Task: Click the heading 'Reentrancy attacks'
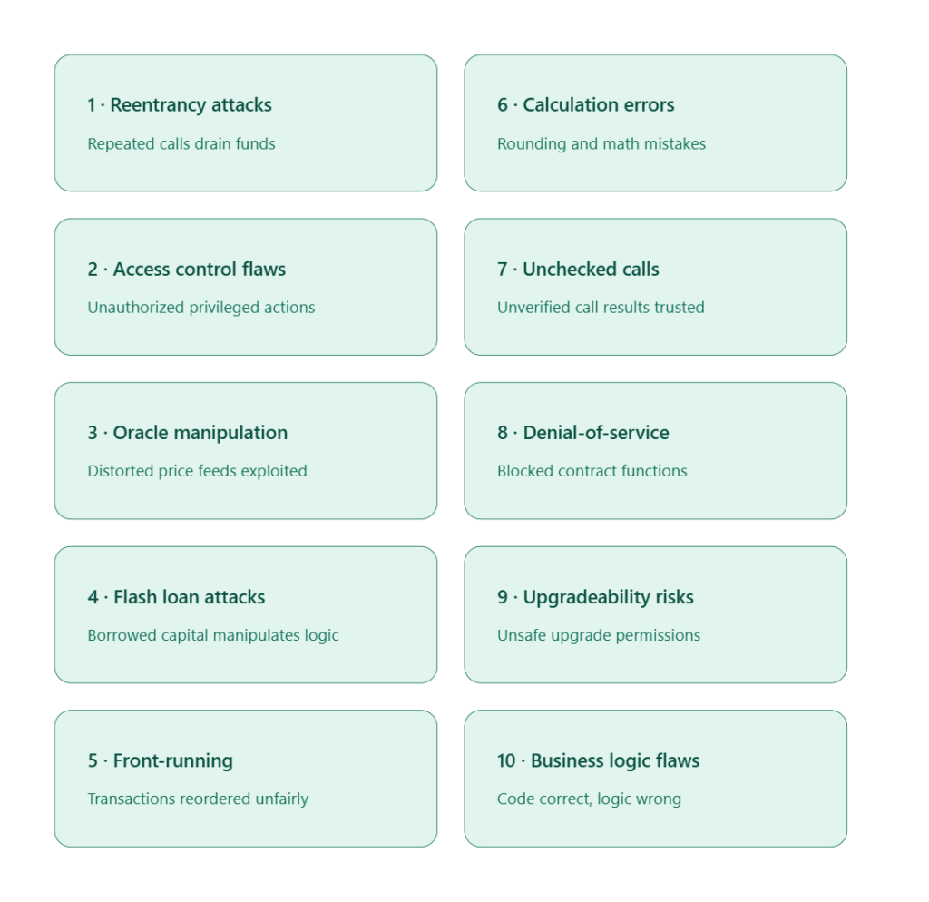pyautogui.click(x=191, y=105)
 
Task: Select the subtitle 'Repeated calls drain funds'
pyautogui.click(x=181, y=144)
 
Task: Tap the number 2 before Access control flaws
pyautogui.click(x=93, y=270)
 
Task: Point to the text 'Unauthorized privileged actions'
pyautogui.click(x=201, y=308)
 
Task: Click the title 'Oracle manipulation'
pyautogui.click(x=200, y=433)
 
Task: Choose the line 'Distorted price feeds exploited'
pyautogui.click(x=197, y=471)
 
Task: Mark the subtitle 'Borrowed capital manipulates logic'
pyautogui.click(x=213, y=635)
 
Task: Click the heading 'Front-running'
pyautogui.click(x=173, y=761)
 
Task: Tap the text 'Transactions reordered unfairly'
pyautogui.click(x=198, y=799)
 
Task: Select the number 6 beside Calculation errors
pyautogui.click(x=503, y=105)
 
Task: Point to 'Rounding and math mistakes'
pyautogui.click(x=601, y=144)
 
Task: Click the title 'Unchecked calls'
pyautogui.click(x=591, y=270)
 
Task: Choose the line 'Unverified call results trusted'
pyautogui.click(x=601, y=308)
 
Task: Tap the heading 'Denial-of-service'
pyautogui.click(x=596, y=433)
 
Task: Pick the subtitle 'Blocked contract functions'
pyautogui.click(x=592, y=471)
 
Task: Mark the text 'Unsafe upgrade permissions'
pyautogui.click(x=599, y=635)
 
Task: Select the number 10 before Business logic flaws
pyautogui.click(x=506, y=761)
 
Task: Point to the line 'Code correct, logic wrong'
pyautogui.click(x=590, y=799)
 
